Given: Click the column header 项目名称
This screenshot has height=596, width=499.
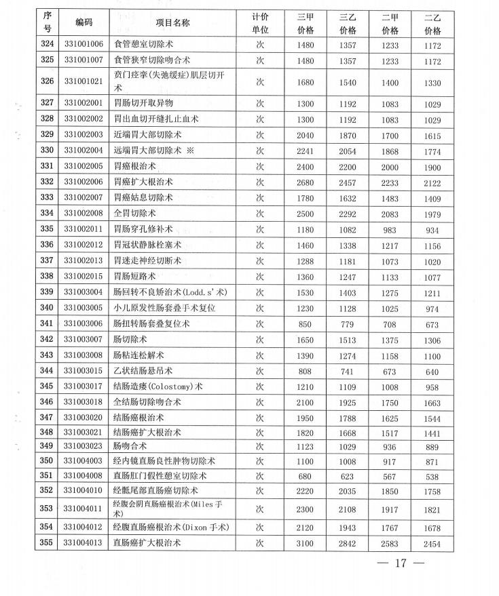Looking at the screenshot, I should tap(172, 23).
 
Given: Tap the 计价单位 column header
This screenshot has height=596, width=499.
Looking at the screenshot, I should tap(260, 24).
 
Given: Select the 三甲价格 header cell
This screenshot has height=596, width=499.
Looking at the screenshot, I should tap(305, 24).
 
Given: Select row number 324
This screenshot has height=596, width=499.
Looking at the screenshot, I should tap(47, 45).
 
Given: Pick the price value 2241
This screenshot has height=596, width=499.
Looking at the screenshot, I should tap(305, 150).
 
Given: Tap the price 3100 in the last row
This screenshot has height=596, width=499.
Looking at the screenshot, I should tap(305, 544).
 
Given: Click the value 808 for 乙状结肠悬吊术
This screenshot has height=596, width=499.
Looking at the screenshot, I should tap(305, 372).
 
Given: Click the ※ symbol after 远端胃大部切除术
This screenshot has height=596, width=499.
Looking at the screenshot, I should tap(190, 150).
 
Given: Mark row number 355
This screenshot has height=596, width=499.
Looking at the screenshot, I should tap(47, 544).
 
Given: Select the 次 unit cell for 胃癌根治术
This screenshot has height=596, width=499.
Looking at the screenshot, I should tap(260, 166).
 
